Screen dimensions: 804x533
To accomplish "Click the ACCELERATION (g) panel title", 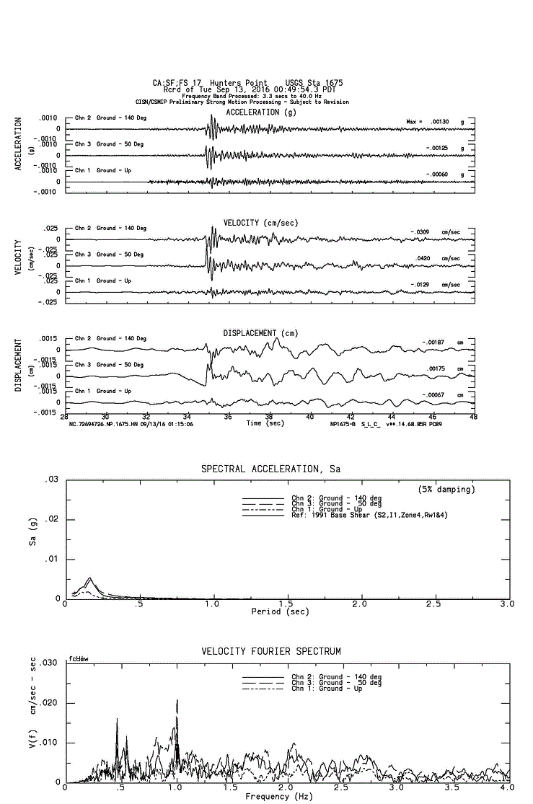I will pos(261,112).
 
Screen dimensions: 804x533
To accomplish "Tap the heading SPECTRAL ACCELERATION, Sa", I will pos(270,469).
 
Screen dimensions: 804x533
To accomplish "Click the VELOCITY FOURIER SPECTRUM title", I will pos(270,652).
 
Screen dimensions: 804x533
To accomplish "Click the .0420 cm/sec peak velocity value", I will pos(441,258).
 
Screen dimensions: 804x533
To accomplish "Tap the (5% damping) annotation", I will pos(446,490).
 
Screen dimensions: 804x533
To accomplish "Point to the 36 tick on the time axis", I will pos(229,417).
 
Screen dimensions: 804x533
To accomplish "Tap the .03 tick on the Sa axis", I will pos(52,480).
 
